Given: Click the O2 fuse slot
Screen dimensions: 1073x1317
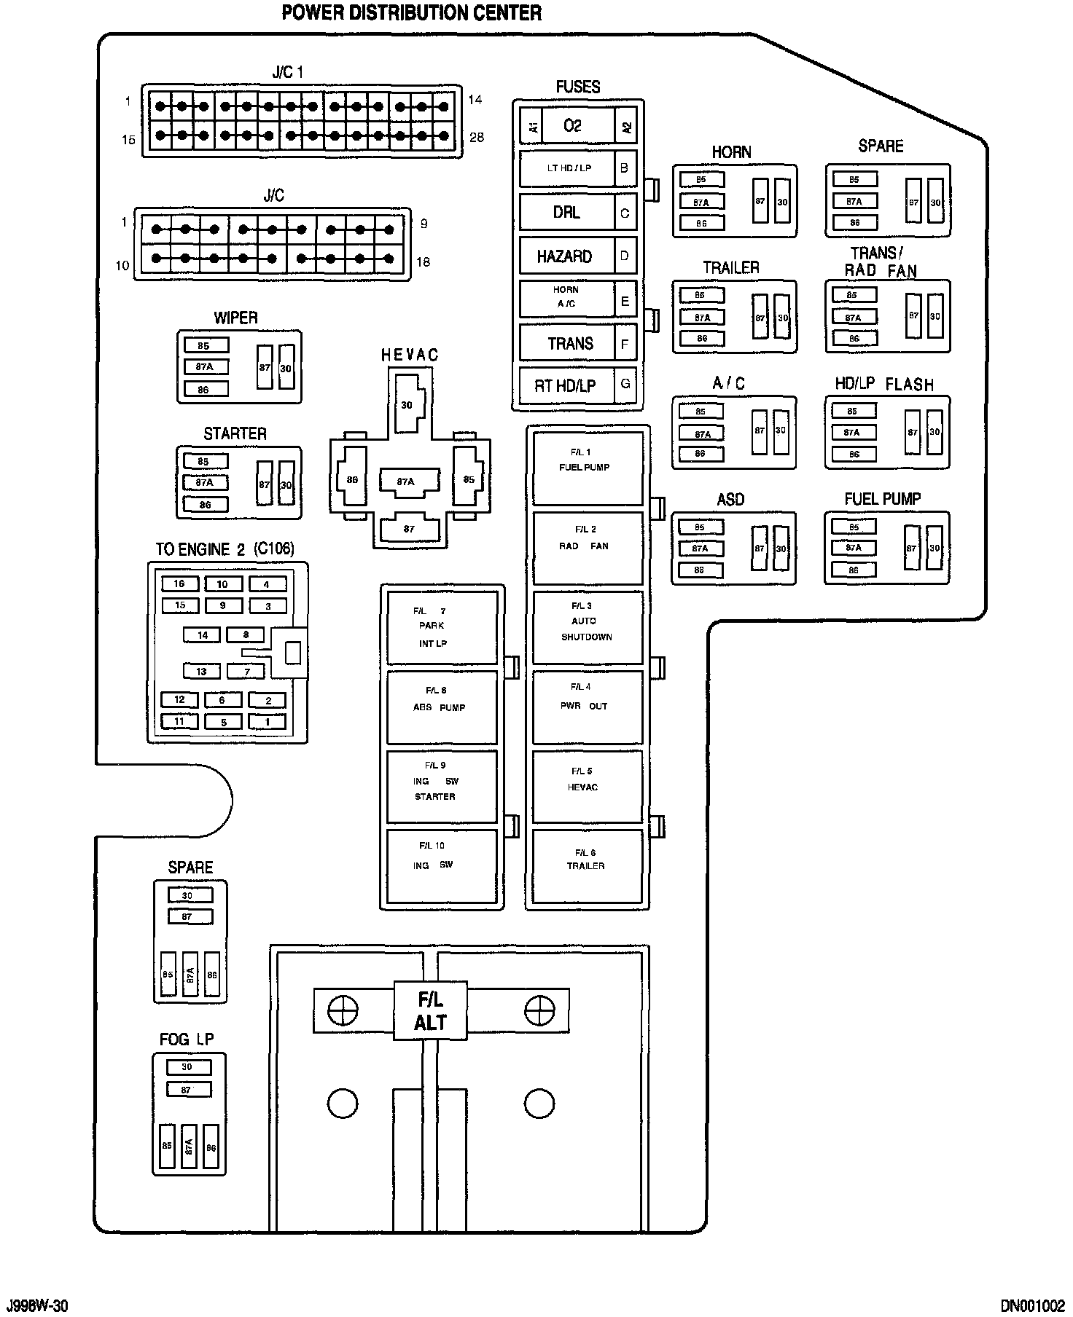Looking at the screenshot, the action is coord(572,126).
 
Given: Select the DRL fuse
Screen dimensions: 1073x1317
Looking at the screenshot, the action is coord(567,213).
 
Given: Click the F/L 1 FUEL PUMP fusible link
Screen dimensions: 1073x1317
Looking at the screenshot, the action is coord(588,468).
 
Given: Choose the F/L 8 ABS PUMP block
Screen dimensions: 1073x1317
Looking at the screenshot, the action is coord(442,707).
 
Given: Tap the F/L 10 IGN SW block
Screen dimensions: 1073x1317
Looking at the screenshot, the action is coord(442,865).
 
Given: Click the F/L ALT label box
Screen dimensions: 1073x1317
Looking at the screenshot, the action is coord(430,1011).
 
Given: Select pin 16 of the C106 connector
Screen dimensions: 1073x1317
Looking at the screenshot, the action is coord(179,583).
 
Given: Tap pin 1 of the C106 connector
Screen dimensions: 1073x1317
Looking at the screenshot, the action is coord(268,722).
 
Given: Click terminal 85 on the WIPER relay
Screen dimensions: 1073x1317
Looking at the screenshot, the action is coord(205,346).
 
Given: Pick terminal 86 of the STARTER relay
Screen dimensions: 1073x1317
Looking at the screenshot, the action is coord(206,504).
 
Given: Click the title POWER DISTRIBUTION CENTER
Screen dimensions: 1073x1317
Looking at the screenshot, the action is coord(411,12).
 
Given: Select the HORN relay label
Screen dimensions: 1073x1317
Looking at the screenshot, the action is coord(731,152).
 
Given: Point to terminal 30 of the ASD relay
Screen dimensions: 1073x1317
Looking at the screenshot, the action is coord(781,549).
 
